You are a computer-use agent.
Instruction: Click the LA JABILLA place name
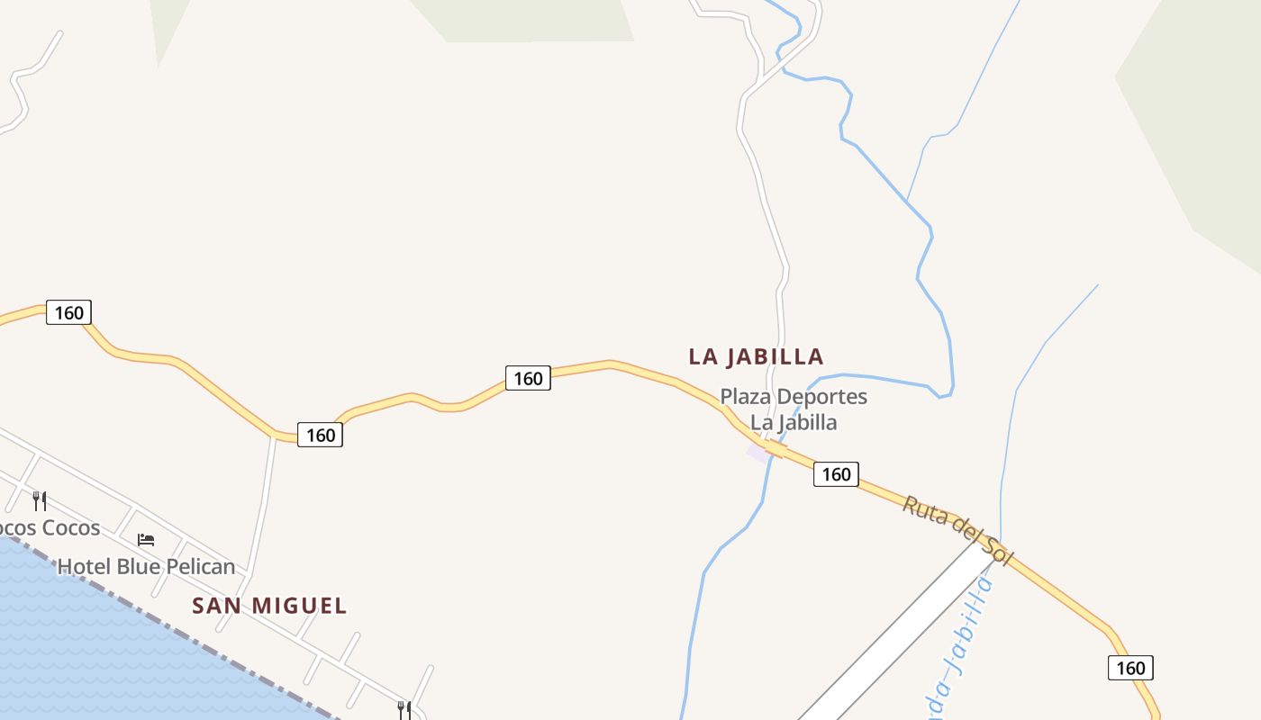(x=756, y=356)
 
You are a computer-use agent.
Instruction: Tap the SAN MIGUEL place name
(x=269, y=606)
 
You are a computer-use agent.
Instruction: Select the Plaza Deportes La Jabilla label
(x=793, y=409)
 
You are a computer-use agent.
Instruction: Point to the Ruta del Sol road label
(x=957, y=531)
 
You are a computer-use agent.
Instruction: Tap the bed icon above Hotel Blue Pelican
(x=146, y=540)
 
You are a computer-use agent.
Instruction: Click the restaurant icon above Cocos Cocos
(x=40, y=500)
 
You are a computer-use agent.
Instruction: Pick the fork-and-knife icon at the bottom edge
(x=404, y=710)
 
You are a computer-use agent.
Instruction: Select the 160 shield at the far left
(x=68, y=312)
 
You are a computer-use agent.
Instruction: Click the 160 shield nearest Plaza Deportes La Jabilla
(x=836, y=473)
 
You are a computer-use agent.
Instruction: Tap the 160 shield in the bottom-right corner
(x=1129, y=668)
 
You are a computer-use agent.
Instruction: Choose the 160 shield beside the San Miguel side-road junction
(x=320, y=435)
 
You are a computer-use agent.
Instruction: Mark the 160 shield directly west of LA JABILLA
(x=527, y=378)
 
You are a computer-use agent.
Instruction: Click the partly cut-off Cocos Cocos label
(x=50, y=527)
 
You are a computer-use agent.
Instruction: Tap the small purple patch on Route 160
(x=759, y=453)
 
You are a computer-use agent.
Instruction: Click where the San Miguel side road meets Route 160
(x=273, y=437)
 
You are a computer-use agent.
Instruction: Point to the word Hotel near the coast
(x=83, y=567)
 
